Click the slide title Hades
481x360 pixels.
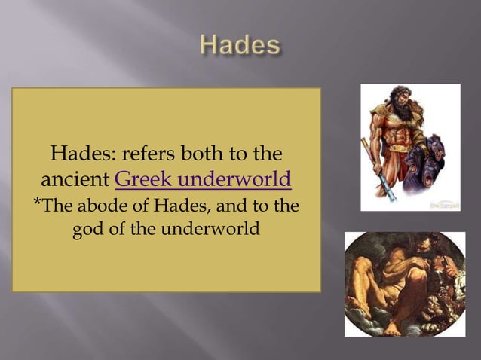coord(240,47)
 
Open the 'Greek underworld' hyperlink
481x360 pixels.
coord(203,181)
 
